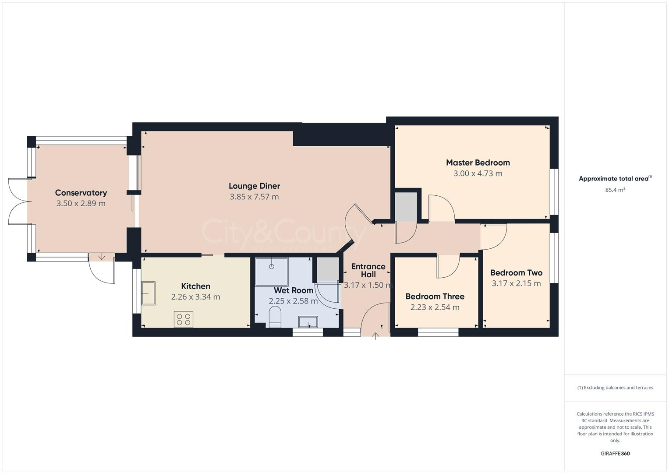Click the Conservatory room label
81,193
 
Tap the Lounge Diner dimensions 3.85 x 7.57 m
254,197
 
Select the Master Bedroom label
478,162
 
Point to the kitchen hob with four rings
184,319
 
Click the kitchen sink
148,293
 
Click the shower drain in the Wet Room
272,266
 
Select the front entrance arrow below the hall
375,336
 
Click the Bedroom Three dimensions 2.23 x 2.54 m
435,307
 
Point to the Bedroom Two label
516,272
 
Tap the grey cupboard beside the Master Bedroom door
406,207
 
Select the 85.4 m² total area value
615,190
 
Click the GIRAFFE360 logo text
615,454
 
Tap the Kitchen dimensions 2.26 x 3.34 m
195,297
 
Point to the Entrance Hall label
368,270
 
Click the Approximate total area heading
615,179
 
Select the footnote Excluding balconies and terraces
615,388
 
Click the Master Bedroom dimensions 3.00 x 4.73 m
478,173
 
